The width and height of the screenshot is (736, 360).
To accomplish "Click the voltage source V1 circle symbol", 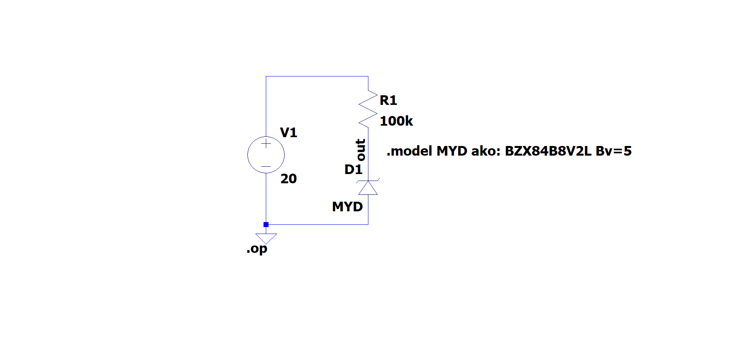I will click(x=266, y=155).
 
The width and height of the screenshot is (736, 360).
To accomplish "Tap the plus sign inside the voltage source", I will click(x=266, y=144).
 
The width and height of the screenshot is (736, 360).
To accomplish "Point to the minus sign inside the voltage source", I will click(x=266, y=166).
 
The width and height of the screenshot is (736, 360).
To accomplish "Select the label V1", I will click(x=288, y=133).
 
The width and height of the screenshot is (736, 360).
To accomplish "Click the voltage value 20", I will click(x=288, y=179).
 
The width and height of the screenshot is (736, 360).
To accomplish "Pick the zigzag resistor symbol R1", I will click(x=368, y=109).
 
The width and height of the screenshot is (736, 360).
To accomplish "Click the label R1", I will click(x=388, y=100).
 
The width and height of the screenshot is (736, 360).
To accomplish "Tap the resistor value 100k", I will click(x=396, y=121).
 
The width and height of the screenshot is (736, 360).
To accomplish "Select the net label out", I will click(x=360, y=150).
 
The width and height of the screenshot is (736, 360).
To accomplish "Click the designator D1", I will click(x=353, y=169).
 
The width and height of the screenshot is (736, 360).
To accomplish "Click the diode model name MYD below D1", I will click(x=347, y=207).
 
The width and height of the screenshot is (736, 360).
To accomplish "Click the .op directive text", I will click(x=257, y=249).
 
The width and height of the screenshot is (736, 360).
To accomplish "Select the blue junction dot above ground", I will click(x=266, y=224).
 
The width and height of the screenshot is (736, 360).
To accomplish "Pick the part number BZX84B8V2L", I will click(x=548, y=151).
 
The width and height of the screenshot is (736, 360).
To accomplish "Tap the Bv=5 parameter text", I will click(x=613, y=151).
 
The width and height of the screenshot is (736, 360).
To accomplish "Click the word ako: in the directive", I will click(x=486, y=151).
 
